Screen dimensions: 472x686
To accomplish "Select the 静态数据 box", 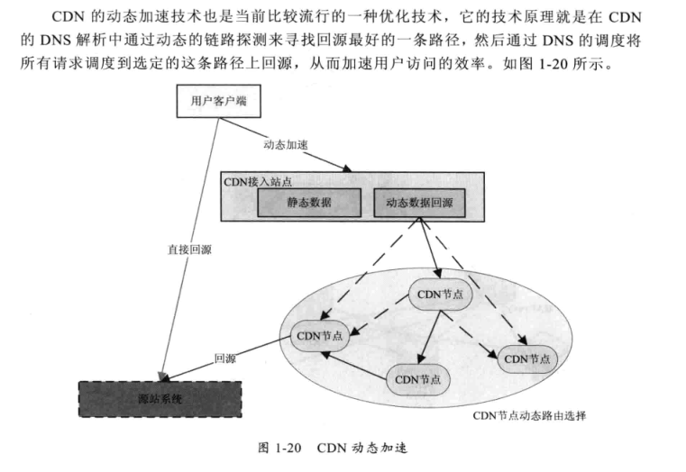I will [x=309, y=204].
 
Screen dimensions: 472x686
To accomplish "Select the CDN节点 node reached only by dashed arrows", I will [x=527, y=359].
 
